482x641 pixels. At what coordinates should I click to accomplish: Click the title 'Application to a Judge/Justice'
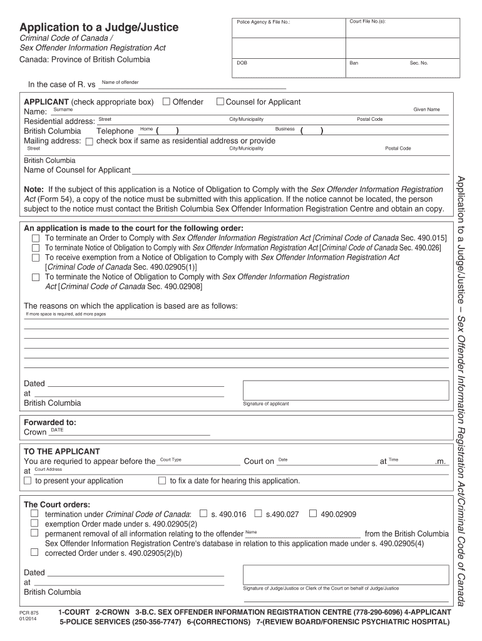[x=99, y=28]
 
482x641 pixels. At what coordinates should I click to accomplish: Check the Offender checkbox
[x=167, y=102]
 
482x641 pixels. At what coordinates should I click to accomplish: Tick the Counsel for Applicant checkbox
[x=220, y=102]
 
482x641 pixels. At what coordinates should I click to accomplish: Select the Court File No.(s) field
[x=398, y=29]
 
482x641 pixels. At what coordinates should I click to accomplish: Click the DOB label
[x=242, y=63]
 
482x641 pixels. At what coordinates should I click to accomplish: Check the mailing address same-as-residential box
[x=89, y=141]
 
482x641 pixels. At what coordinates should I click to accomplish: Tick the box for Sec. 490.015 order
[x=36, y=238]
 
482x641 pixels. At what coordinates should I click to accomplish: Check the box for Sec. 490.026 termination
[x=36, y=248]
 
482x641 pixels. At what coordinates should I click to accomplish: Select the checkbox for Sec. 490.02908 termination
[x=36, y=277]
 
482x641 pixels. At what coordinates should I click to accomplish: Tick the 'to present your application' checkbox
[x=28, y=481]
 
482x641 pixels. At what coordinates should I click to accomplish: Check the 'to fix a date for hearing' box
[x=162, y=481]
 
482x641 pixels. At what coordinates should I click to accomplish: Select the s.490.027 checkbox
[x=258, y=514]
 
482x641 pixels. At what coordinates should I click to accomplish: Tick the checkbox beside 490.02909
[x=312, y=514]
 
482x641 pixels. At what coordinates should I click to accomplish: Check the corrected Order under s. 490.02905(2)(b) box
[x=36, y=553]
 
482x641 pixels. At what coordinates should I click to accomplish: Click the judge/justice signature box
[x=346, y=574]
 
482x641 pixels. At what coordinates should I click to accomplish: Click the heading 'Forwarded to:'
[x=50, y=422]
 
